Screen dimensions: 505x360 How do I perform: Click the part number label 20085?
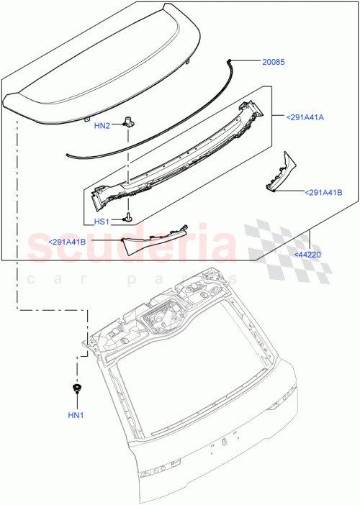point(274,63)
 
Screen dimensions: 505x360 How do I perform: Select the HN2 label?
point(102,125)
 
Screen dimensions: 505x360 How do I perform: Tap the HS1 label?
point(102,222)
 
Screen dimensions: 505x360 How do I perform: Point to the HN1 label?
point(76,415)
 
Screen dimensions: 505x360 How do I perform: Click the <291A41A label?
point(305,116)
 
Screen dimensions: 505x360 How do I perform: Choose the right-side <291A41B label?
point(323,192)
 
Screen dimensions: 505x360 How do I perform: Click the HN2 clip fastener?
point(129,121)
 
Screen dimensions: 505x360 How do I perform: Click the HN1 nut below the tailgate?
point(76,390)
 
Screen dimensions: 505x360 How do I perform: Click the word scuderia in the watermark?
point(130,248)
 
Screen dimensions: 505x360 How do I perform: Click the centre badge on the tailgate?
point(224,440)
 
